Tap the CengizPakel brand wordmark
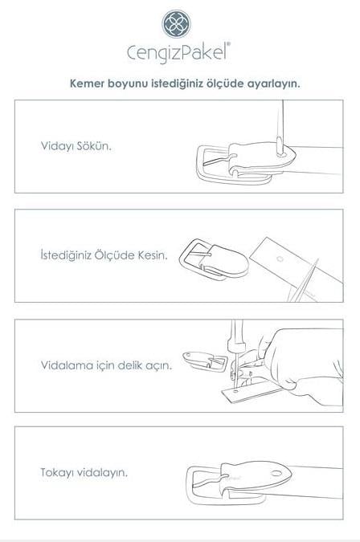[179, 53]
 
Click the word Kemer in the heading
[87, 83]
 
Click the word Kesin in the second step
[153, 256]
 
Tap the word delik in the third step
[131, 365]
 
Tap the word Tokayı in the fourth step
[58, 471]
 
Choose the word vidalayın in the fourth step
[103, 471]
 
